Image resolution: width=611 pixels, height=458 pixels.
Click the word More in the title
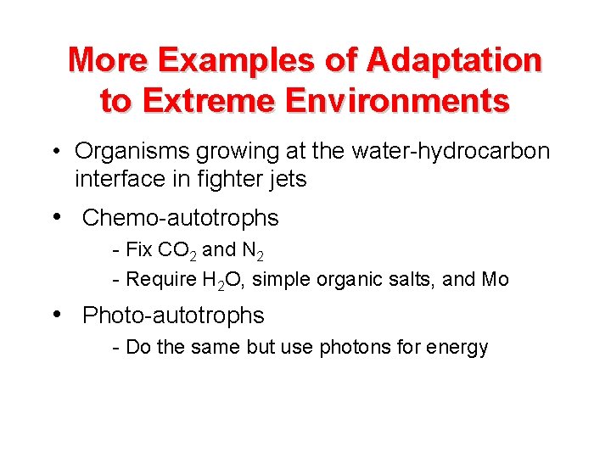pos(108,60)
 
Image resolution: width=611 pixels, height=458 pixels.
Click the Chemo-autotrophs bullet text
pos(180,218)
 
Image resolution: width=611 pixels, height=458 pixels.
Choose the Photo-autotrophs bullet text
pos(173,316)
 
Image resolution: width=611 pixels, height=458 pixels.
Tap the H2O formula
pos(221,280)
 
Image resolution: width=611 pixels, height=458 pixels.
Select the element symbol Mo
pos(495,279)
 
